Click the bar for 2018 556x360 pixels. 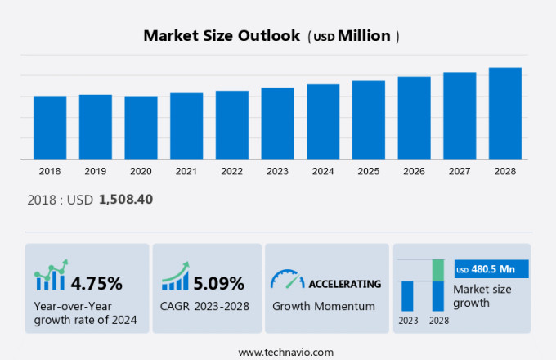50,128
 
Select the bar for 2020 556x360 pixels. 141,128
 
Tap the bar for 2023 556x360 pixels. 277,124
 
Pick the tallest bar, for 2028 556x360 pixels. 505,113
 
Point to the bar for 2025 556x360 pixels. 369,119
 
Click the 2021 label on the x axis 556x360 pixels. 186,171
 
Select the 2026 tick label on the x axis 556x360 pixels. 414,171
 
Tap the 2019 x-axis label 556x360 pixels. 95,171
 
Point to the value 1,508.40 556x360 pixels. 126,199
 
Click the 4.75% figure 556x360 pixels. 96,284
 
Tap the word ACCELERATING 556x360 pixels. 344,284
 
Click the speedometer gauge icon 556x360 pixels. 286,280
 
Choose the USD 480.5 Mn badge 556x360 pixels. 491,269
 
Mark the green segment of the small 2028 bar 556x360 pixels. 438,270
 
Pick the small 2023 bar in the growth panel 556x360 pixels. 407,295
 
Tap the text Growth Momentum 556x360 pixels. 323,306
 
